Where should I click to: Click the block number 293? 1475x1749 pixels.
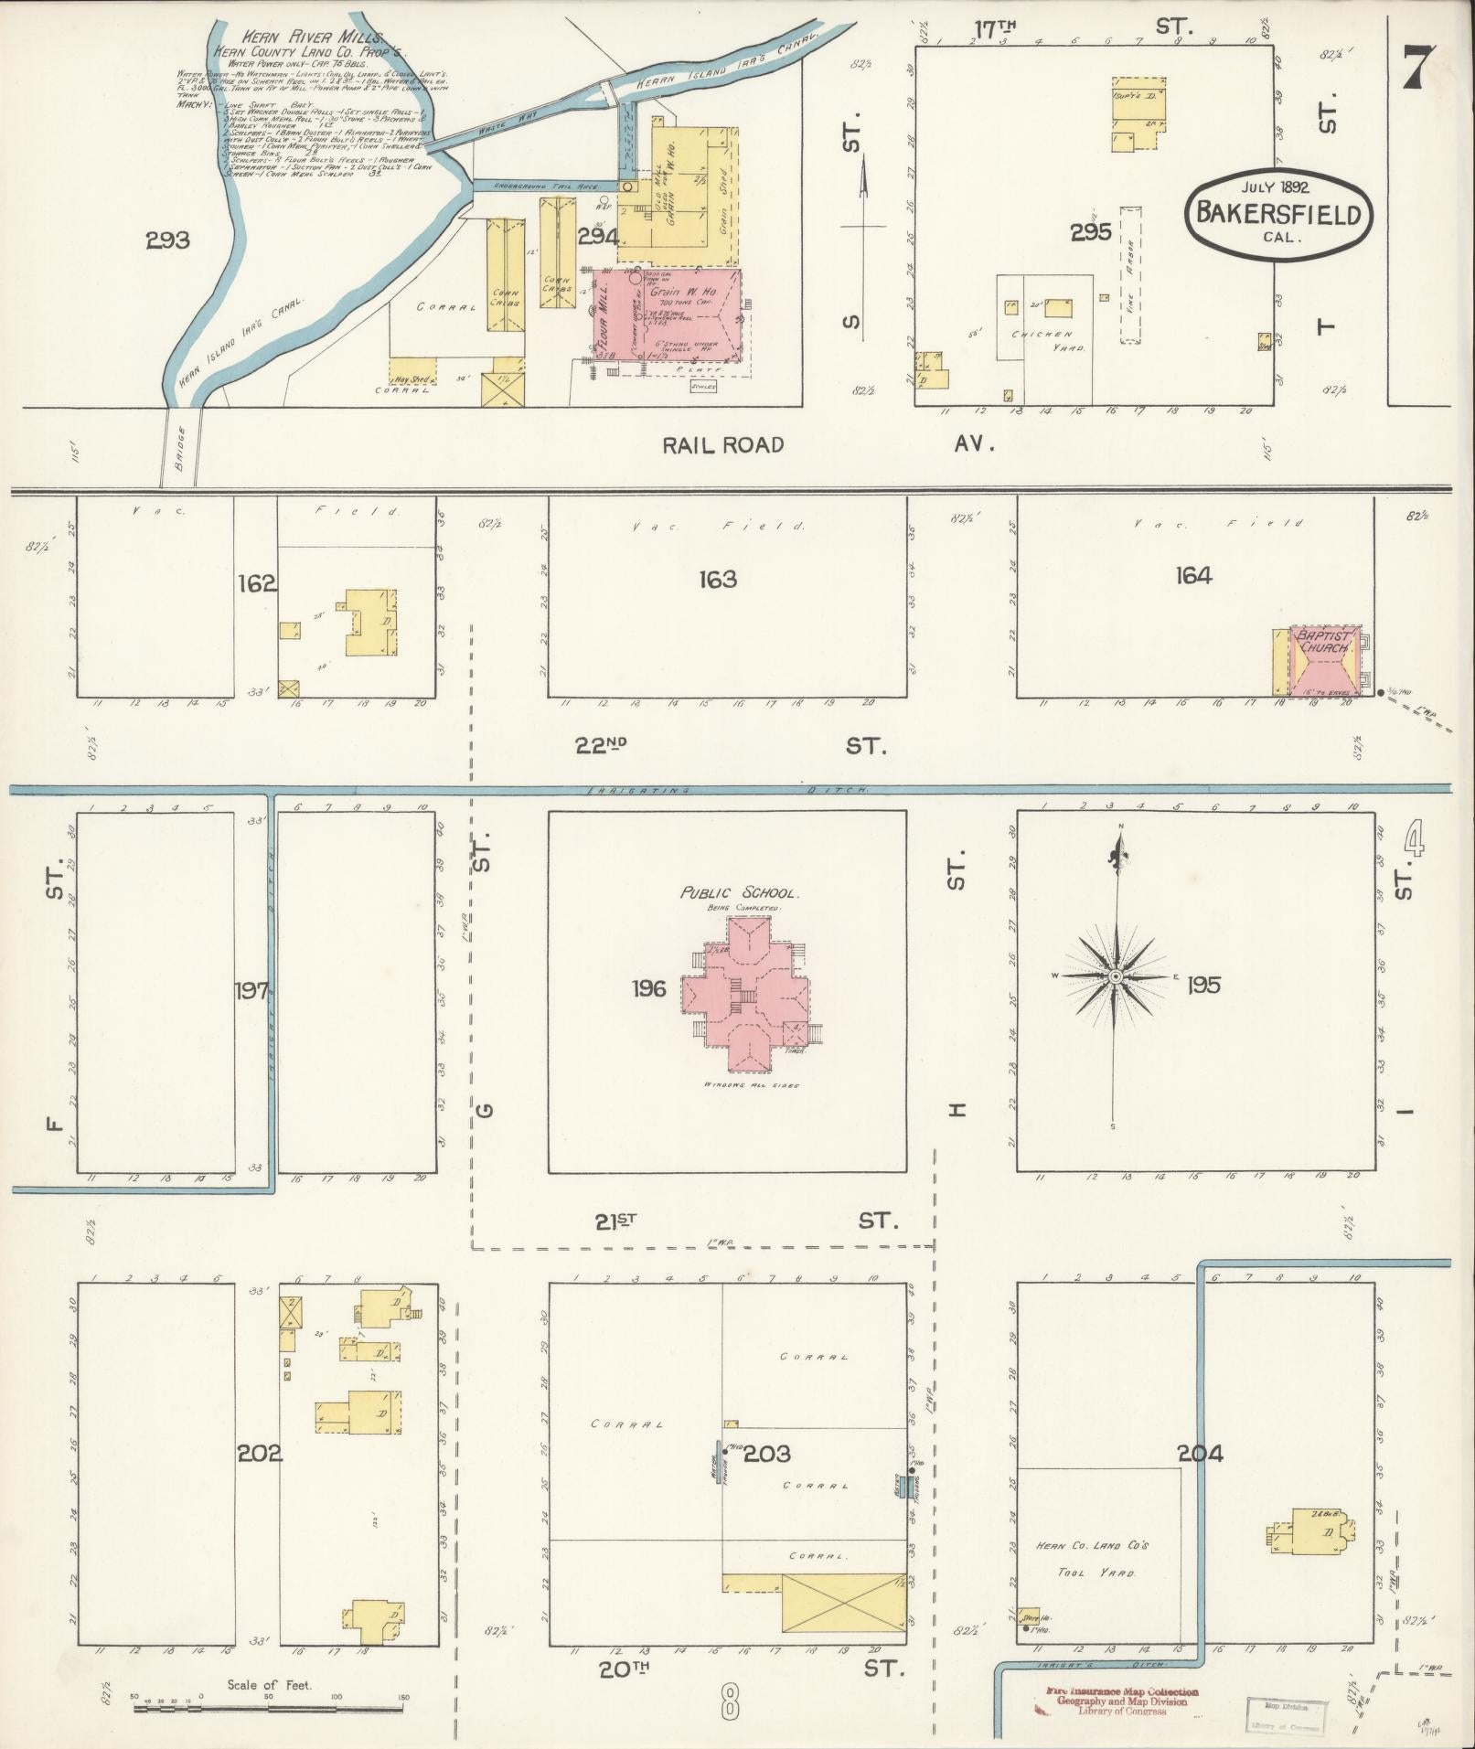click(167, 240)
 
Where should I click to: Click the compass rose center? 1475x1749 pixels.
click(1115, 977)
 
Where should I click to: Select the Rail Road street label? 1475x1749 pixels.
click(723, 445)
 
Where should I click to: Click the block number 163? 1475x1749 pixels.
click(717, 580)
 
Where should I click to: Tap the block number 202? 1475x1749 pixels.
click(255, 1453)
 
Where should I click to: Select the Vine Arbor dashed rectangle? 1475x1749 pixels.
click(1130, 274)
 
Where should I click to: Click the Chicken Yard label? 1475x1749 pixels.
click(1047, 340)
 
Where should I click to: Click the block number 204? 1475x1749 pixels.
click(1200, 1453)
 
